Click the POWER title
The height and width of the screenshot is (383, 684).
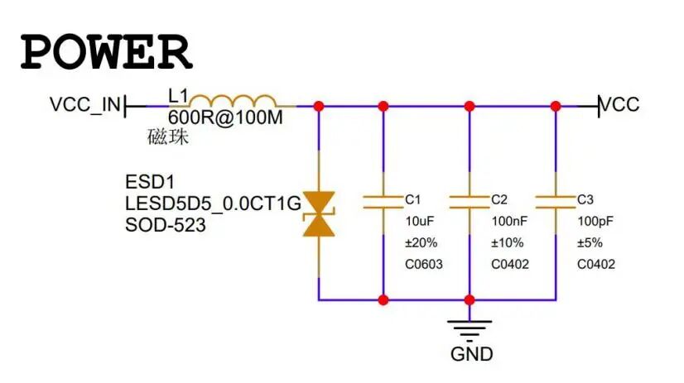(x=106, y=50)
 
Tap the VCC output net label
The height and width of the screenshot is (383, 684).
(x=619, y=105)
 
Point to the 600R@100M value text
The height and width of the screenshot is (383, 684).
(x=225, y=118)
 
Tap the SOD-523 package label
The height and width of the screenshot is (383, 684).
(x=166, y=224)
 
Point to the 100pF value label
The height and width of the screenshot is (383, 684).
(x=595, y=221)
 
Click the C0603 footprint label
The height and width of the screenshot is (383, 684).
(x=424, y=264)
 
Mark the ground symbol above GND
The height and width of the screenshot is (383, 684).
(x=470, y=328)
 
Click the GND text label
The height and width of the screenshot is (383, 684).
(x=471, y=354)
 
